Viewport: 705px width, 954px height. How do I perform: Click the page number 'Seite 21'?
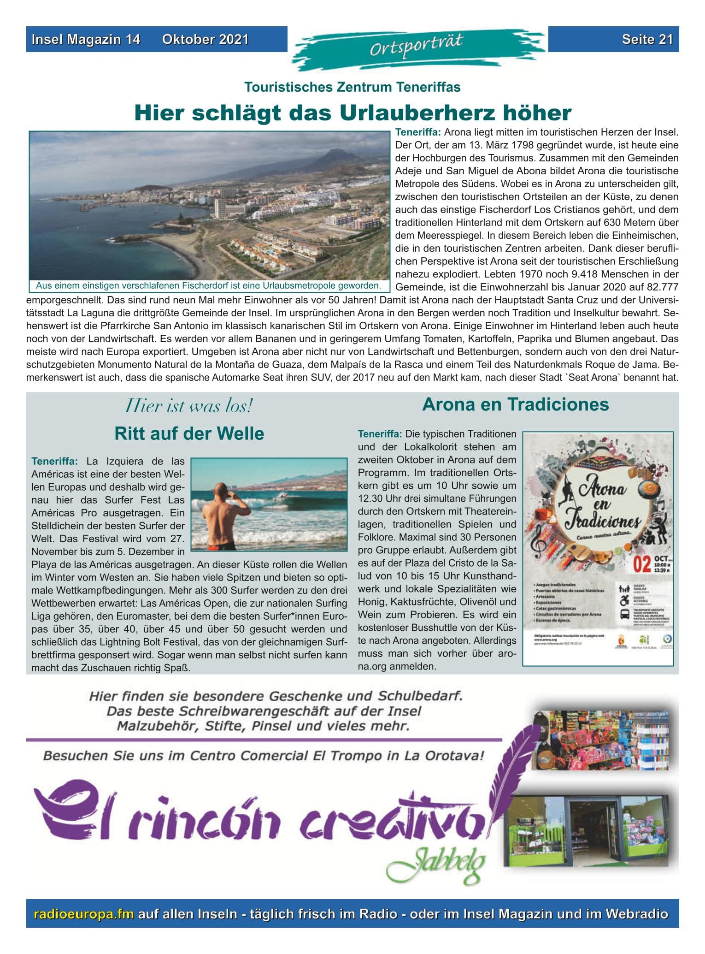647,39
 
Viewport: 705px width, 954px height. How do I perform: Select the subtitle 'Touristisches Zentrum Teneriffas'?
352,87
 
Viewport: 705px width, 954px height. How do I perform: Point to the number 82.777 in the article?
660,287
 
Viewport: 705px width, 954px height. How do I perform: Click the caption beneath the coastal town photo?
208,286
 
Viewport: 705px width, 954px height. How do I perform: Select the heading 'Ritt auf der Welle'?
189,433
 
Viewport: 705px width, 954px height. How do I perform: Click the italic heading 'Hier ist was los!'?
189,406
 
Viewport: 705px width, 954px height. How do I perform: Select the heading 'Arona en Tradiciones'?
515,404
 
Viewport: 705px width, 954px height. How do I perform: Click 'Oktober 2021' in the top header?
205,39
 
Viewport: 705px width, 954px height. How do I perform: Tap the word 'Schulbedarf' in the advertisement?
420,695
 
